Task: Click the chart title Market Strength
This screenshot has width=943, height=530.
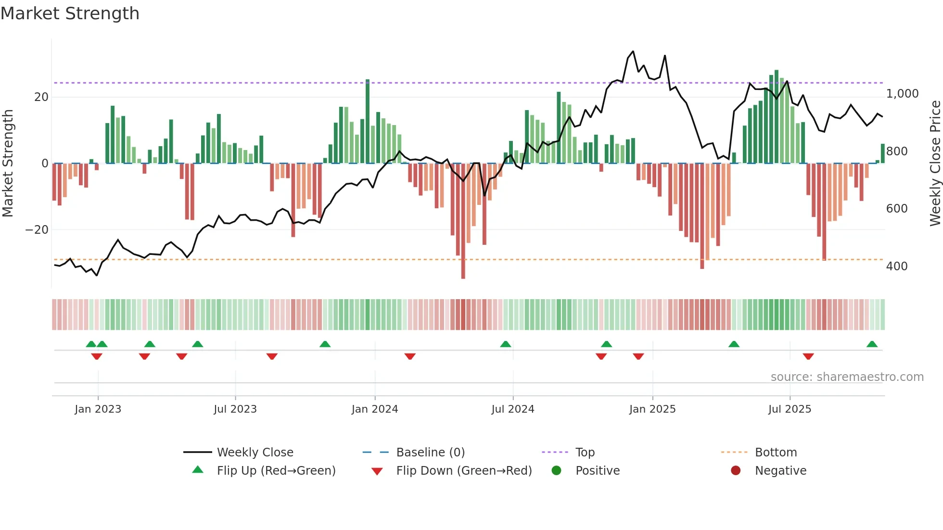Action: (70, 13)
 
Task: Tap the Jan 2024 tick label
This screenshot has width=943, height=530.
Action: (375, 409)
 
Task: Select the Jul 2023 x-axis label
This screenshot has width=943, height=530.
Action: (235, 409)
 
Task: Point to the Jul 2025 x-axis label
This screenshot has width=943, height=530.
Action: (790, 409)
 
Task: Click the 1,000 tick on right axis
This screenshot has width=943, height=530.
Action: (902, 94)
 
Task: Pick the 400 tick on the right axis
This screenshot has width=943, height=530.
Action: (897, 266)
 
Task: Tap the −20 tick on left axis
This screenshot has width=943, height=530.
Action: (37, 230)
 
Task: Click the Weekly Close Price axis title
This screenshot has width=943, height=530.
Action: (935, 164)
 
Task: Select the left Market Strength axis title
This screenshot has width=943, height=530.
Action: (8, 164)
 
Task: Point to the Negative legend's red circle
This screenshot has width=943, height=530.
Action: (736, 471)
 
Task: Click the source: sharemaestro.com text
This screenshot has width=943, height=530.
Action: (847, 377)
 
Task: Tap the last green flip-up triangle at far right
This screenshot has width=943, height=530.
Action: (872, 344)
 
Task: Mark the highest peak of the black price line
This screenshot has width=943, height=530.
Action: (633, 51)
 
